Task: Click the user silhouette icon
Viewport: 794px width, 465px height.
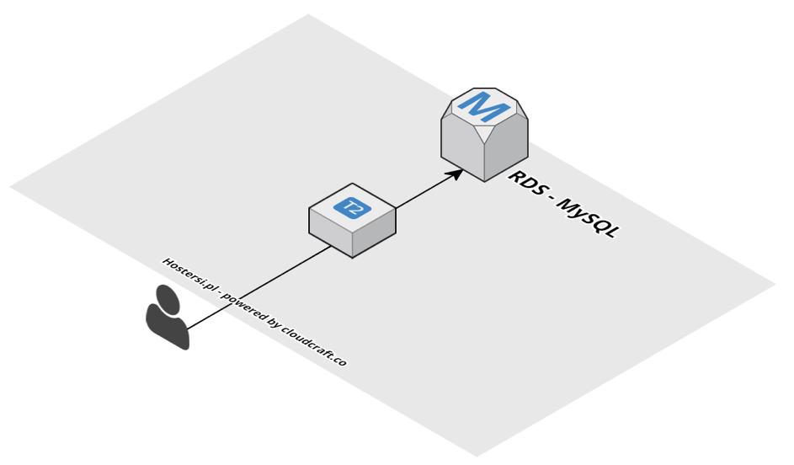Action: [167, 318]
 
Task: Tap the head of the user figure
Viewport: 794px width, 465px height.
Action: [168, 299]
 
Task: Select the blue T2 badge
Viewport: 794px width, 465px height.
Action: [352, 207]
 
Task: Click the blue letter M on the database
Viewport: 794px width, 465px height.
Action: [484, 106]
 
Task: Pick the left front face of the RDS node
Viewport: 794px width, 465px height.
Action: [462, 148]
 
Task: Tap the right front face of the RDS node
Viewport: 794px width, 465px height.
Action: [507, 148]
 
